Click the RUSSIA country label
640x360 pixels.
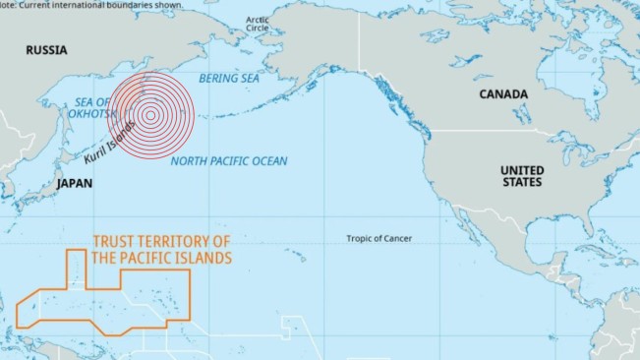46,50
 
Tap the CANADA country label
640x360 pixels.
502,94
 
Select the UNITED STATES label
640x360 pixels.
521,176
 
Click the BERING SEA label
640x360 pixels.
230,78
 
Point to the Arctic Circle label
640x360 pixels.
258,24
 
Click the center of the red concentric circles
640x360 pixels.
150,115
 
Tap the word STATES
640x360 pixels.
521,183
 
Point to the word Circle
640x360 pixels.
258,29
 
